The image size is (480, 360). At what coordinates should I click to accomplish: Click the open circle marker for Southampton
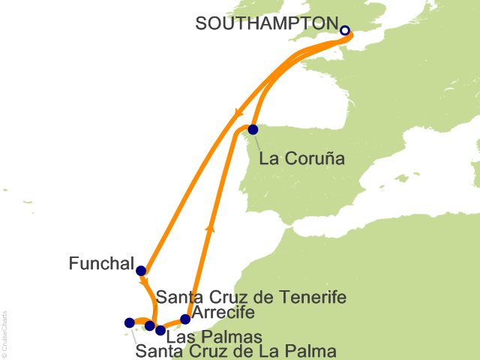[345, 31]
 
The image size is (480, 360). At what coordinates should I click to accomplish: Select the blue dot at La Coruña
[253, 129]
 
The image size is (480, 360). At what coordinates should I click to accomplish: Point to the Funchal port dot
[141, 271]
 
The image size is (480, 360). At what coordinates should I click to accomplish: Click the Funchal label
[101, 264]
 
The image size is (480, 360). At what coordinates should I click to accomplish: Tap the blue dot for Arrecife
[185, 319]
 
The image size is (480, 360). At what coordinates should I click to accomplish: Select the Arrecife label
[223, 312]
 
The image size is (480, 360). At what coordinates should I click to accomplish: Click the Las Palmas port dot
[160, 330]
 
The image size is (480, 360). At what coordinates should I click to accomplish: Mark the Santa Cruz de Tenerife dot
[150, 325]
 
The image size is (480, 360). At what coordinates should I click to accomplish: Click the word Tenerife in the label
[309, 298]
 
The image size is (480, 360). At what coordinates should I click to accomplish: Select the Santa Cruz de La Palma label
[236, 350]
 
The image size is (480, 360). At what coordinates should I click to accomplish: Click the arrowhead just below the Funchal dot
[144, 282]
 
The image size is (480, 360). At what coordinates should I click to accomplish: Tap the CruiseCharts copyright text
[4, 331]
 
